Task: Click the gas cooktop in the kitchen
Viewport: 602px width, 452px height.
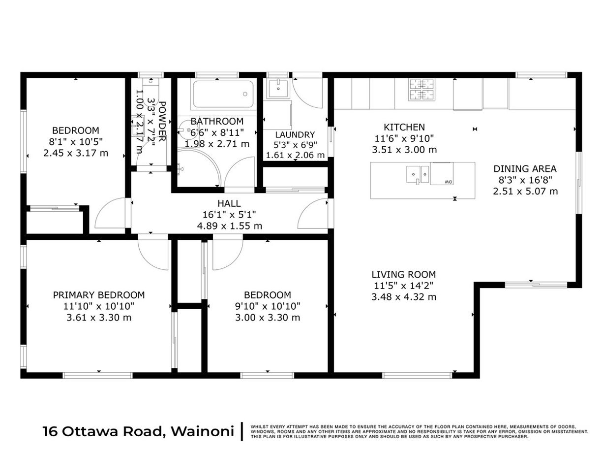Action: pyautogui.click(x=422, y=90)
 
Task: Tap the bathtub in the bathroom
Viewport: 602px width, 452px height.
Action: pyautogui.click(x=223, y=94)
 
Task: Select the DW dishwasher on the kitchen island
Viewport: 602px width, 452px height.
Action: pyautogui.click(x=442, y=173)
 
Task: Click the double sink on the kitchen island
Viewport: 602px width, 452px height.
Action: pyautogui.click(x=418, y=174)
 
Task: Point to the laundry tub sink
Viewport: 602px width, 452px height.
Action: pyautogui.click(x=278, y=88)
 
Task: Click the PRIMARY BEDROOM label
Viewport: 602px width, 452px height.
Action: pyautogui.click(x=99, y=295)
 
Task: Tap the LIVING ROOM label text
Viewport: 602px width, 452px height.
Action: pyautogui.click(x=404, y=274)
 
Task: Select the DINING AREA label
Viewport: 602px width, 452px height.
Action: pyautogui.click(x=525, y=168)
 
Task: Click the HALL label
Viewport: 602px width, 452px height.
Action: pyautogui.click(x=229, y=203)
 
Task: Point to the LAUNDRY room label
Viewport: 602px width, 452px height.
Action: pyautogui.click(x=295, y=135)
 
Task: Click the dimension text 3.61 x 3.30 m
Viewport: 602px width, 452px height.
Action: pyautogui.click(x=99, y=318)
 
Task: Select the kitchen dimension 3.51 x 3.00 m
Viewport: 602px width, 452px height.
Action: pyautogui.click(x=404, y=150)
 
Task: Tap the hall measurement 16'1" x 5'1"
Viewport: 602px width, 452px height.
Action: pyautogui.click(x=229, y=214)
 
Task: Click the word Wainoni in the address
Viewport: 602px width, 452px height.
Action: pyautogui.click(x=203, y=431)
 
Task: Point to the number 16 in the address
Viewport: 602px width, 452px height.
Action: pyautogui.click(x=50, y=431)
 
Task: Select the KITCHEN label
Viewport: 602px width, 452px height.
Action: pyautogui.click(x=404, y=128)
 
